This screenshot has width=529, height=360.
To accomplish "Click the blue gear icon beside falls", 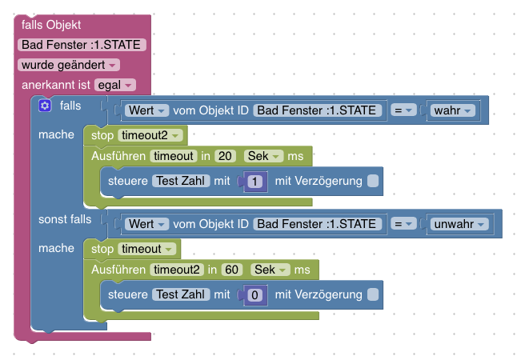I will coord(45,106).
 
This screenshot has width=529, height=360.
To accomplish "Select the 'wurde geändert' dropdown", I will coord(68,65).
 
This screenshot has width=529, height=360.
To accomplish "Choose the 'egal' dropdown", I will coord(115,84).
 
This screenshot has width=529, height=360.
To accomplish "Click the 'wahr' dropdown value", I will coord(453,110).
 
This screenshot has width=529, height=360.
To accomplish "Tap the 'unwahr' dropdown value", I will coord(459,225).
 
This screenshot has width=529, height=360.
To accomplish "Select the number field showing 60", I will coord(230,270).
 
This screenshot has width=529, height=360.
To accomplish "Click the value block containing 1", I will coord(254,182).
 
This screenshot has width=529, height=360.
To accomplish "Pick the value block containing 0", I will coord(254,296).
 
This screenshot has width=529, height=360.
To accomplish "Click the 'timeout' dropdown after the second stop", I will coord(148,249).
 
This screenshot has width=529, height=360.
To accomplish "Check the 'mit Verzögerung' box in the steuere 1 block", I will coord(373,182).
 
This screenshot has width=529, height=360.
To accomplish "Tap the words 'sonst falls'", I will coord(65,219).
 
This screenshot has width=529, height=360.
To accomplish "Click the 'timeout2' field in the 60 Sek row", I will coord(178,270).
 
